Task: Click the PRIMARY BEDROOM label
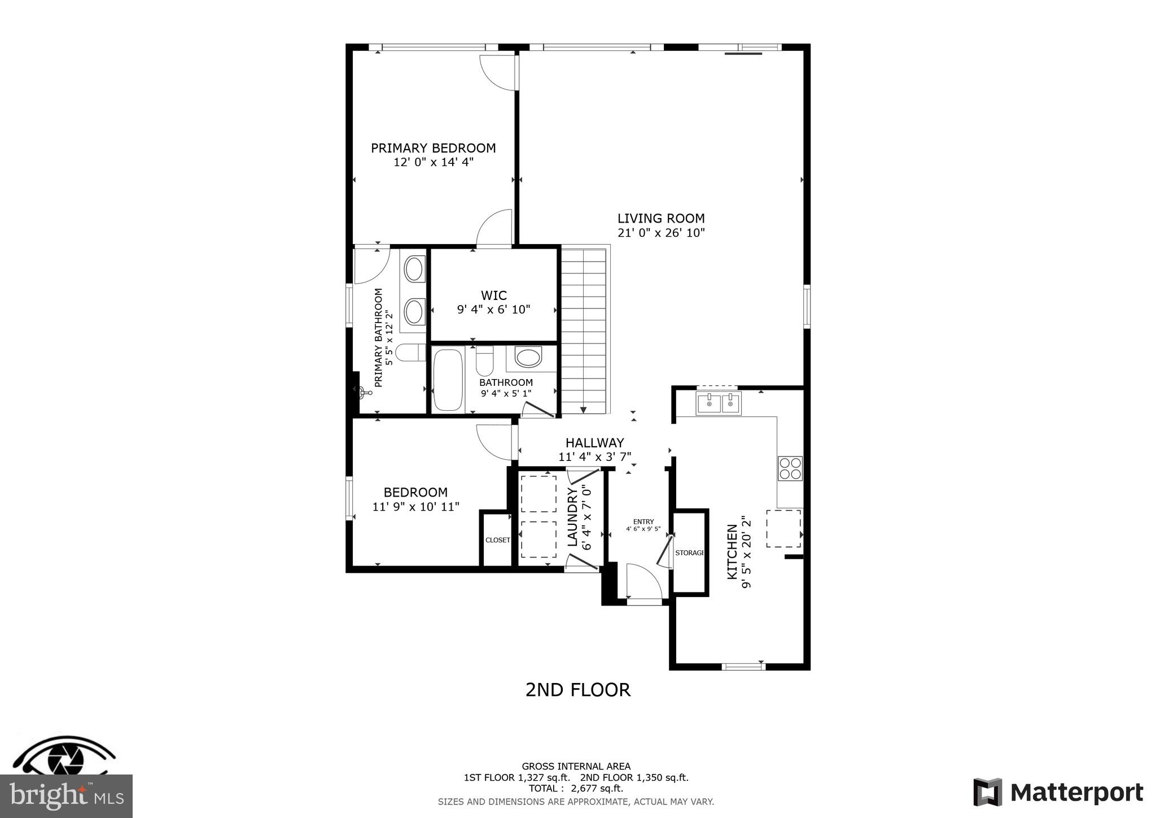433,148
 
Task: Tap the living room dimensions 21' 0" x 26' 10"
661,233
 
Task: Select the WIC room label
493,295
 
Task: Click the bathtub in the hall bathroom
448,380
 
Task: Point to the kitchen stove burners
790,468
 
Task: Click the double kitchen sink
718,404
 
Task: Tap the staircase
584,330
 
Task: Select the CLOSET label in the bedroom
497,540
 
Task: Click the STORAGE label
689,552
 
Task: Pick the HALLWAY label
594,443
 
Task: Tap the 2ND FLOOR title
577,690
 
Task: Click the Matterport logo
1058,793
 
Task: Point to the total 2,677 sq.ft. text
576,789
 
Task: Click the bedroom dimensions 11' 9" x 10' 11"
415,507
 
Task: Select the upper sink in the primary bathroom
414,269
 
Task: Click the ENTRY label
643,521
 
